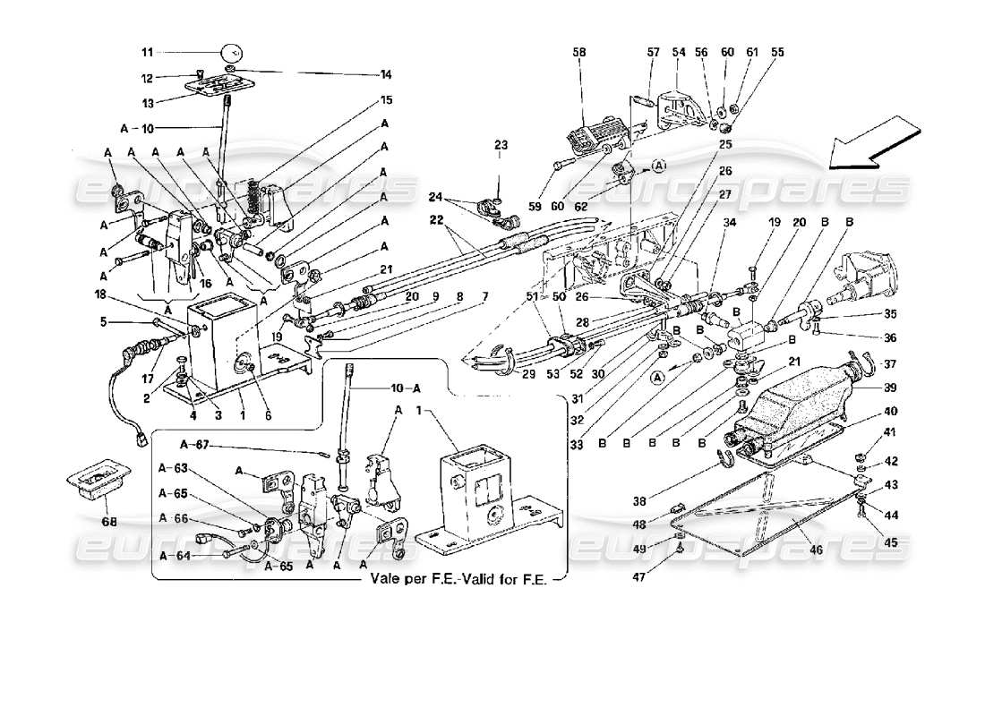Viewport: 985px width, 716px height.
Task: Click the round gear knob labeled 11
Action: pos(231,51)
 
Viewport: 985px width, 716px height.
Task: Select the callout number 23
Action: pos(500,144)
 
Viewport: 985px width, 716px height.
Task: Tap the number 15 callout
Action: pos(386,100)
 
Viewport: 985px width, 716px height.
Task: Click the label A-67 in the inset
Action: pos(195,444)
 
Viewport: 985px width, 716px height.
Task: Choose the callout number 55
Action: pos(777,53)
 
